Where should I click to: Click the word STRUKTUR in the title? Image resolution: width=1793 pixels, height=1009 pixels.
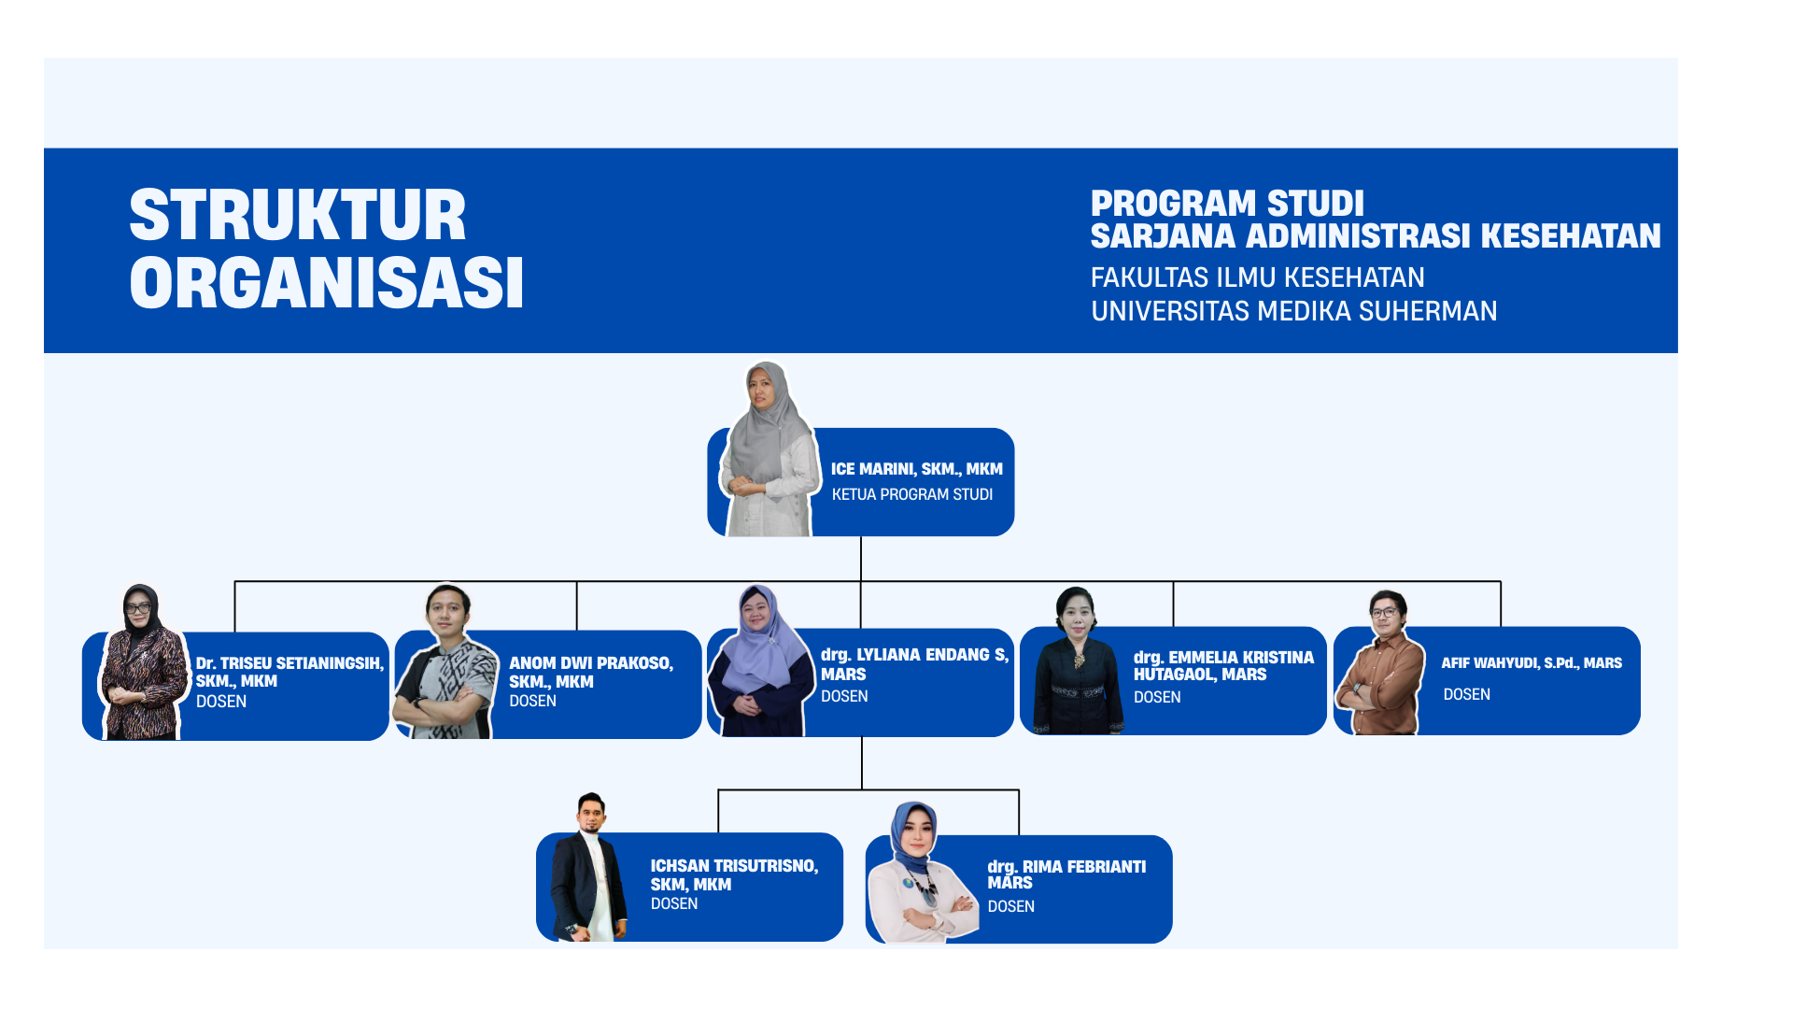(297, 216)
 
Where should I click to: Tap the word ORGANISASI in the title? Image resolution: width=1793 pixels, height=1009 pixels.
(326, 283)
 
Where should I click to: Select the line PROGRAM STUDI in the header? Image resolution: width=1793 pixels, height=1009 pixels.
(1227, 204)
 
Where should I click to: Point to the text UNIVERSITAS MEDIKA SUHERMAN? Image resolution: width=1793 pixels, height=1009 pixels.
(1293, 311)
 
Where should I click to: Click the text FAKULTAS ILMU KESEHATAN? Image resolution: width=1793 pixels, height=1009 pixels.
(1257, 277)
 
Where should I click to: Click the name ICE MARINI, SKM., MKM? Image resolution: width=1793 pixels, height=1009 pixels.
(916, 469)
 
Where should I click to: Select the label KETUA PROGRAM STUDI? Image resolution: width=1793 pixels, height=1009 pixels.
(911, 494)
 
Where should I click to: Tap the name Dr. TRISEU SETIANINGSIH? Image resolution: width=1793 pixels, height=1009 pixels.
(289, 663)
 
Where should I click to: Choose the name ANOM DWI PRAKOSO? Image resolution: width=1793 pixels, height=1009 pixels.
(590, 663)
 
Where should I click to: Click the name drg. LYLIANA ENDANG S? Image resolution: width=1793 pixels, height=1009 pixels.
(914, 655)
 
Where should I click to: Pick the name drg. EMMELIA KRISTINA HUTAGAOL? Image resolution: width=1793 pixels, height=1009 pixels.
(1223, 666)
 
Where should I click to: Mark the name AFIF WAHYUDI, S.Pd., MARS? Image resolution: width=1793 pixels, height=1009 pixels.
(1532, 663)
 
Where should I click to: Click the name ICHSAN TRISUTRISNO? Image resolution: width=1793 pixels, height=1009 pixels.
(734, 866)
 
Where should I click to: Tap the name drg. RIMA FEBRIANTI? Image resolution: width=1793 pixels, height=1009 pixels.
(1066, 867)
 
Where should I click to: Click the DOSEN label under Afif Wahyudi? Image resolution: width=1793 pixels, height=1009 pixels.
(1466, 694)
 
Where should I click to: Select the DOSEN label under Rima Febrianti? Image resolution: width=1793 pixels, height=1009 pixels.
(1010, 906)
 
